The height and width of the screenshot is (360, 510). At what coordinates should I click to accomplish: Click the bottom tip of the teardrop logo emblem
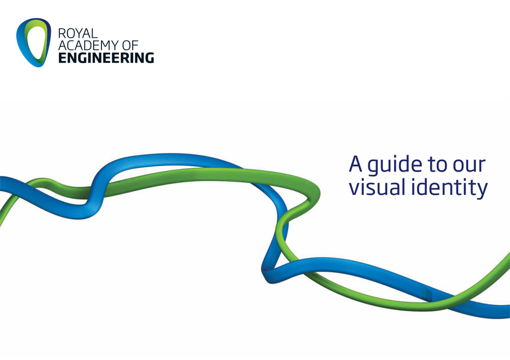(x=38, y=67)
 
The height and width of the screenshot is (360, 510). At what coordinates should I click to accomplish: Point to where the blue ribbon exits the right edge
(x=509, y=312)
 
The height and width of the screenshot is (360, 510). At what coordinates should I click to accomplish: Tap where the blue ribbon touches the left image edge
(x=1, y=183)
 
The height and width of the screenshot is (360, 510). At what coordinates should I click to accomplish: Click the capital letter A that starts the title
(x=355, y=164)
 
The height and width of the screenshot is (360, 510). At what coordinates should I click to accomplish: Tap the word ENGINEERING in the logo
(x=106, y=58)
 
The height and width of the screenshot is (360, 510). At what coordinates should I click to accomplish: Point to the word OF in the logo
(x=130, y=45)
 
